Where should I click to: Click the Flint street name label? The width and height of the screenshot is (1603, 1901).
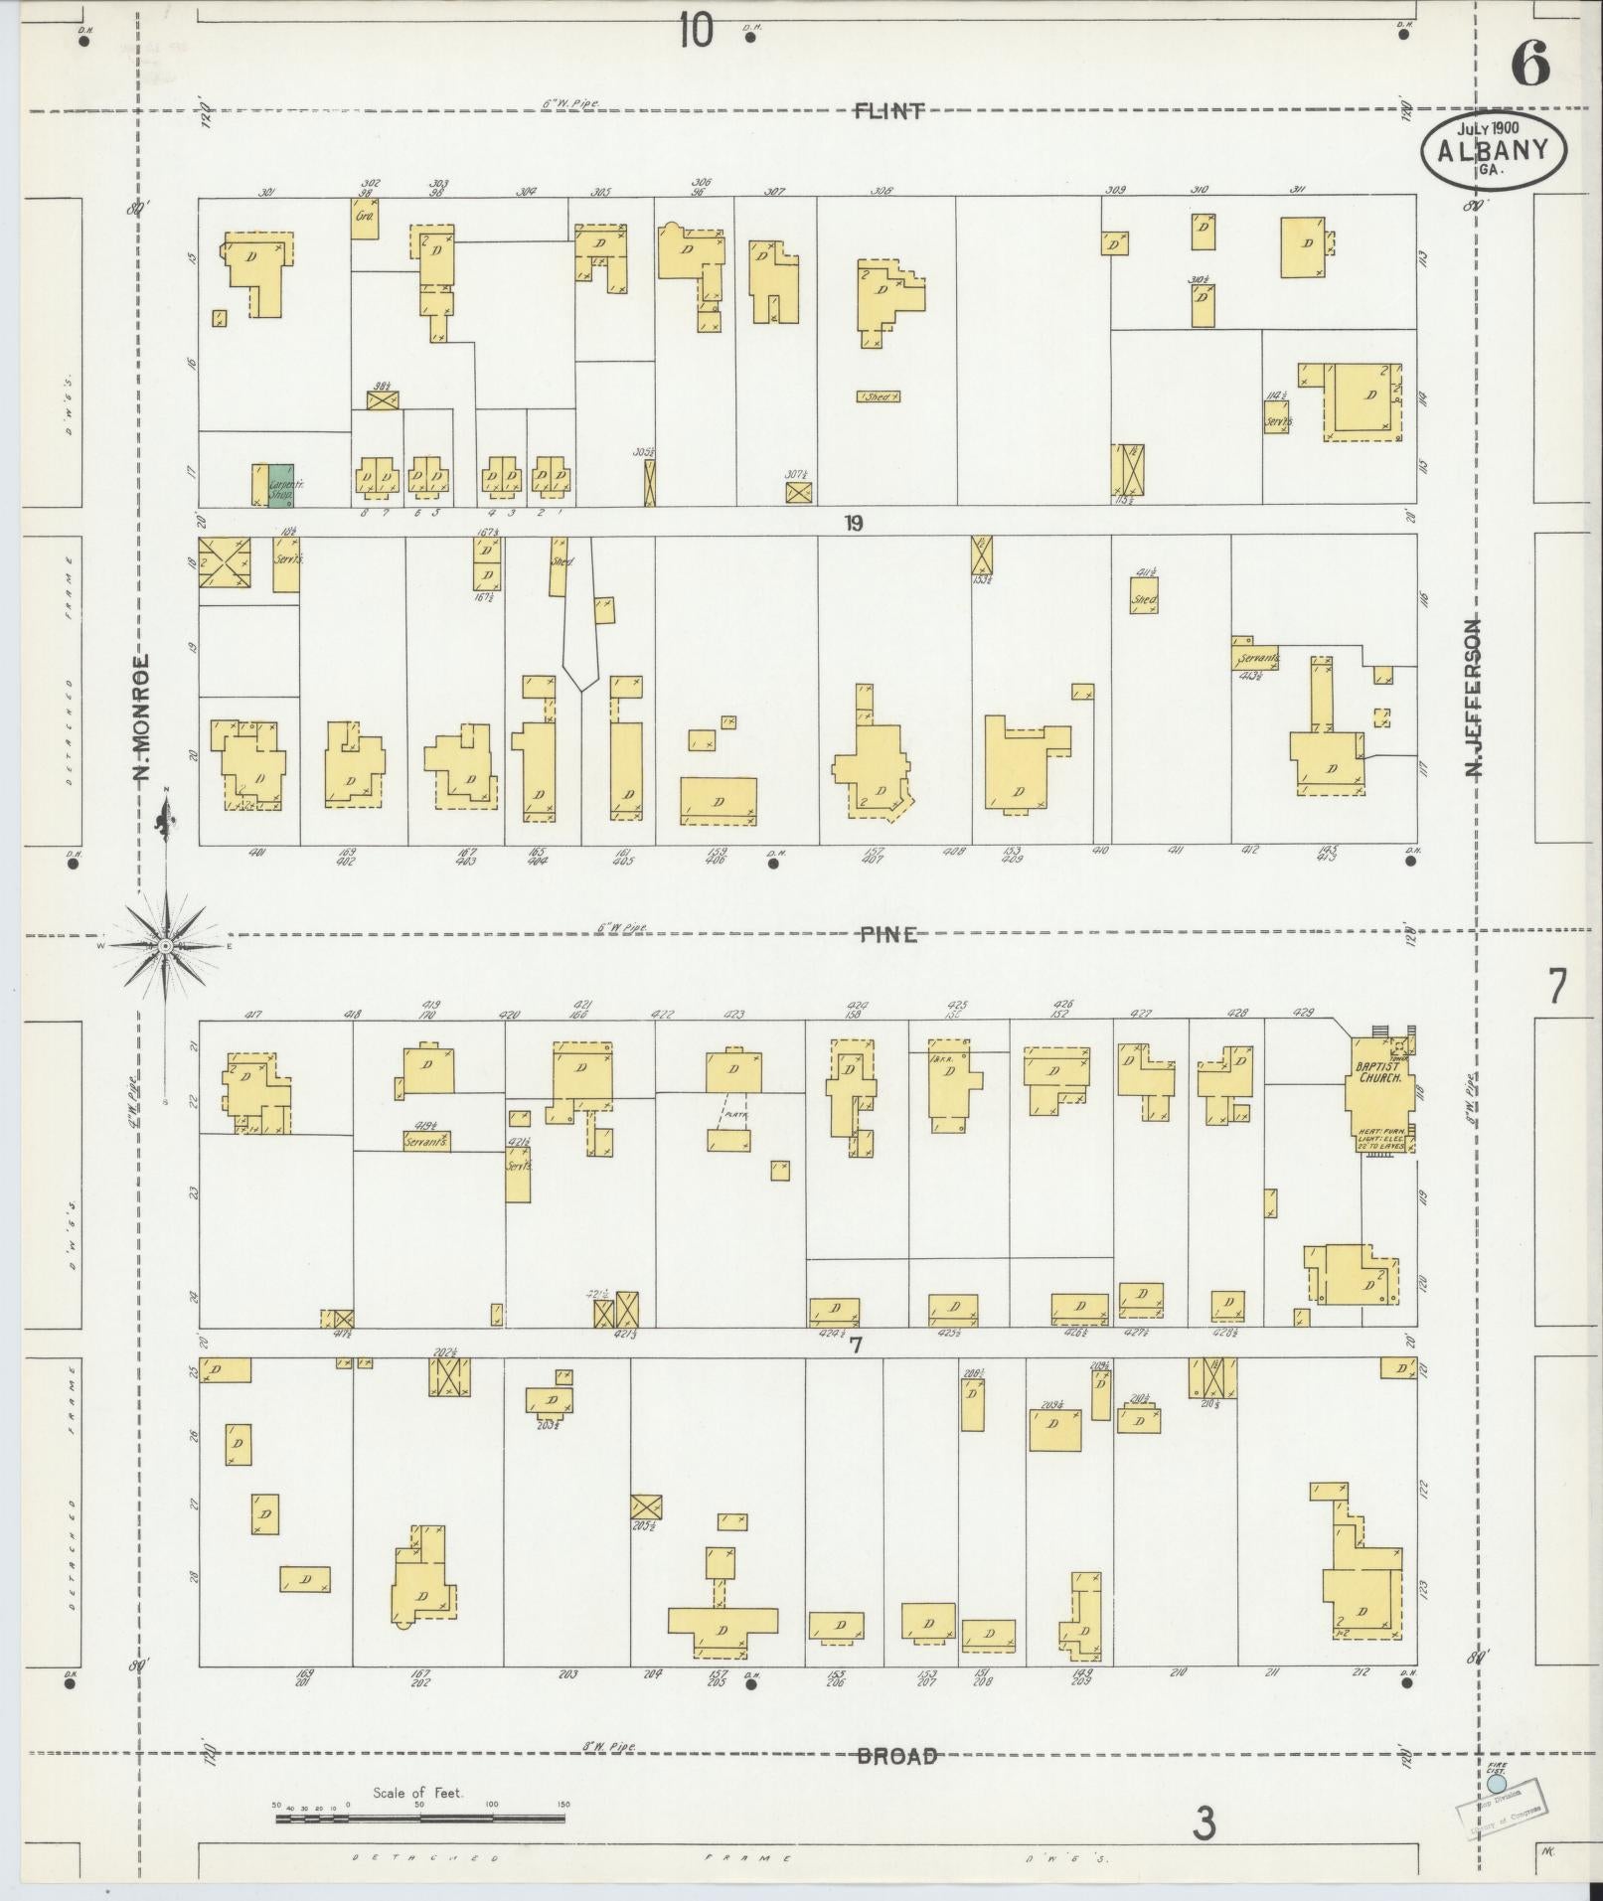tap(889, 110)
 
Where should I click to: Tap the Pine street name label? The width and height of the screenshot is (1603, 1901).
tap(888, 935)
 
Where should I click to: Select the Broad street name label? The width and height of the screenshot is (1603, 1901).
tap(897, 1756)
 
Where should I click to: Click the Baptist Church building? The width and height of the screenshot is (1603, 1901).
tap(1378, 1093)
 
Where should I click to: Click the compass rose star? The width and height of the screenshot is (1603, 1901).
tap(166, 948)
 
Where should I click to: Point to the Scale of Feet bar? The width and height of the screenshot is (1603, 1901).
tap(419, 1819)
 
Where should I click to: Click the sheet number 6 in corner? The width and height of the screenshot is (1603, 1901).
tap(1529, 66)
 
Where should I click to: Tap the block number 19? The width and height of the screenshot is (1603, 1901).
tap(853, 524)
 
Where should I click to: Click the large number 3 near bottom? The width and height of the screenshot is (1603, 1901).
tap(1204, 1823)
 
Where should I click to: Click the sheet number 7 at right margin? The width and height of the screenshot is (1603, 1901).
tap(1556, 987)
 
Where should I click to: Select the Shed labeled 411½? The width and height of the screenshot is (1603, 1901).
tap(1144, 601)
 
